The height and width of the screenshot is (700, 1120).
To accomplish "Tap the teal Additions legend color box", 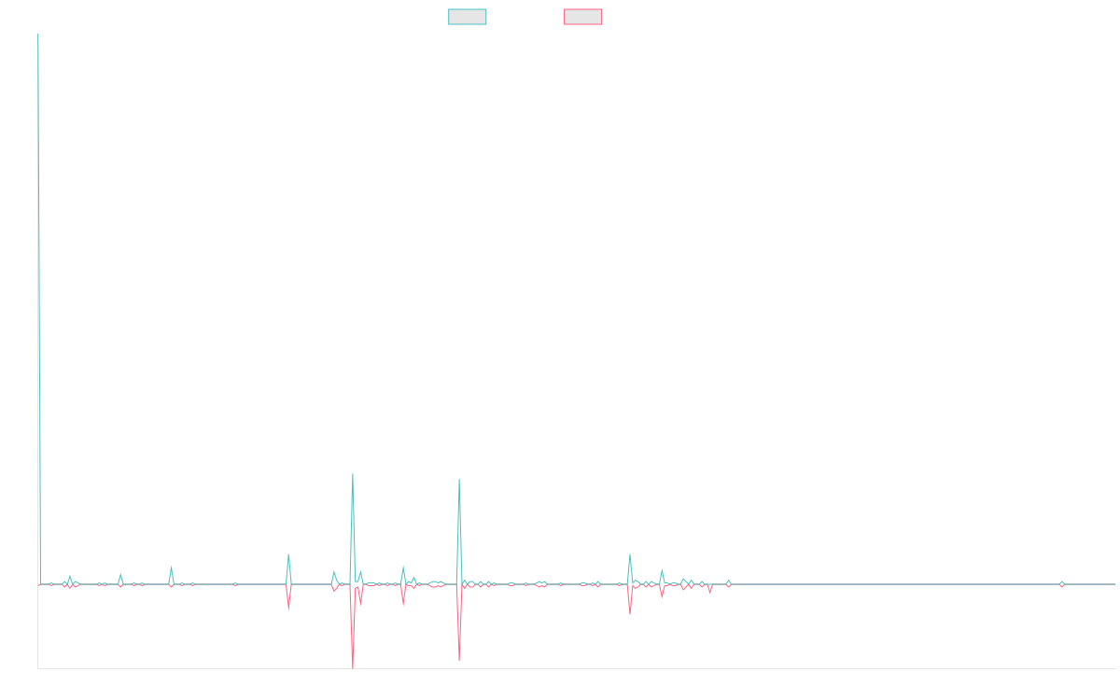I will click(x=468, y=17).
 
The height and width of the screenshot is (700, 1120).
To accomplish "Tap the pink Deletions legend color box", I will click(x=583, y=17).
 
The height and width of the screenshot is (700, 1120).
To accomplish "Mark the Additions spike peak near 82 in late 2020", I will click(x=353, y=474).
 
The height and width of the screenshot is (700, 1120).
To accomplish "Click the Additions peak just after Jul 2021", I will click(x=459, y=480).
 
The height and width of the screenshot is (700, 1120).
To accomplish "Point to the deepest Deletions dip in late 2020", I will click(x=353, y=666).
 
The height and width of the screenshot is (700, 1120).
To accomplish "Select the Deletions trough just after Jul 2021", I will click(x=459, y=661).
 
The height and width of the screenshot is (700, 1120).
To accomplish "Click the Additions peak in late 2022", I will click(x=630, y=554).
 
